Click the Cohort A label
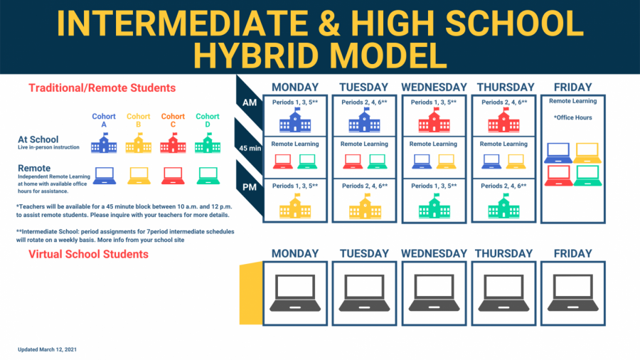[x=104, y=120]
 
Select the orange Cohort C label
[x=173, y=120]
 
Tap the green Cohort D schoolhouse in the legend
[x=208, y=143]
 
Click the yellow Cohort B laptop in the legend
[x=139, y=176]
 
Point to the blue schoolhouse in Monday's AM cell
[x=295, y=120]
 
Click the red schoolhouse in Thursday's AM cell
[x=503, y=120]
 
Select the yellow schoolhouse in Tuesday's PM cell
[x=365, y=206]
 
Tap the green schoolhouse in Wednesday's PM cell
[x=434, y=206]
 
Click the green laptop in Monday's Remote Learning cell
[x=307, y=162]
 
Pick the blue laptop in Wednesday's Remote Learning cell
[x=422, y=162]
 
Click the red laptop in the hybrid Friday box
[x=558, y=176]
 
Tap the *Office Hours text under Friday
[x=572, y=117]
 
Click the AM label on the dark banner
[x=250, y=102]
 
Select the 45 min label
[x=250, y=148]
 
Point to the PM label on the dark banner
[x=250, y=187]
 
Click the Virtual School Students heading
[x=88, y=254]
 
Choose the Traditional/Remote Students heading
[x=102, y=88]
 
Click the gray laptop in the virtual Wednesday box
[x=434, y=293]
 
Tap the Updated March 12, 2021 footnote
[x=47, y=349]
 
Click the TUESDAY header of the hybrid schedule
[x=363, y=88]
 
